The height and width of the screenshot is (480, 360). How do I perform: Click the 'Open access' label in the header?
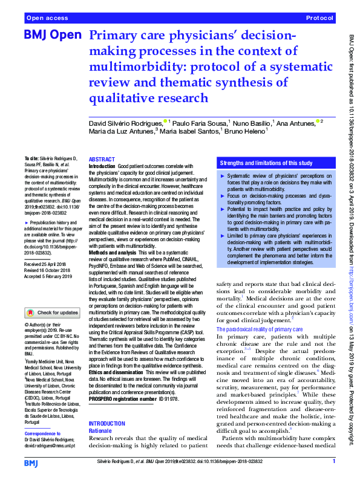(x=48, y=19)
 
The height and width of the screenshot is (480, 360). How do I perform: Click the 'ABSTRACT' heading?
(x=102, y=158)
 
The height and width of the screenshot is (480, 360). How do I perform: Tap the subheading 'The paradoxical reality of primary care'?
(x=259, y=329)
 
